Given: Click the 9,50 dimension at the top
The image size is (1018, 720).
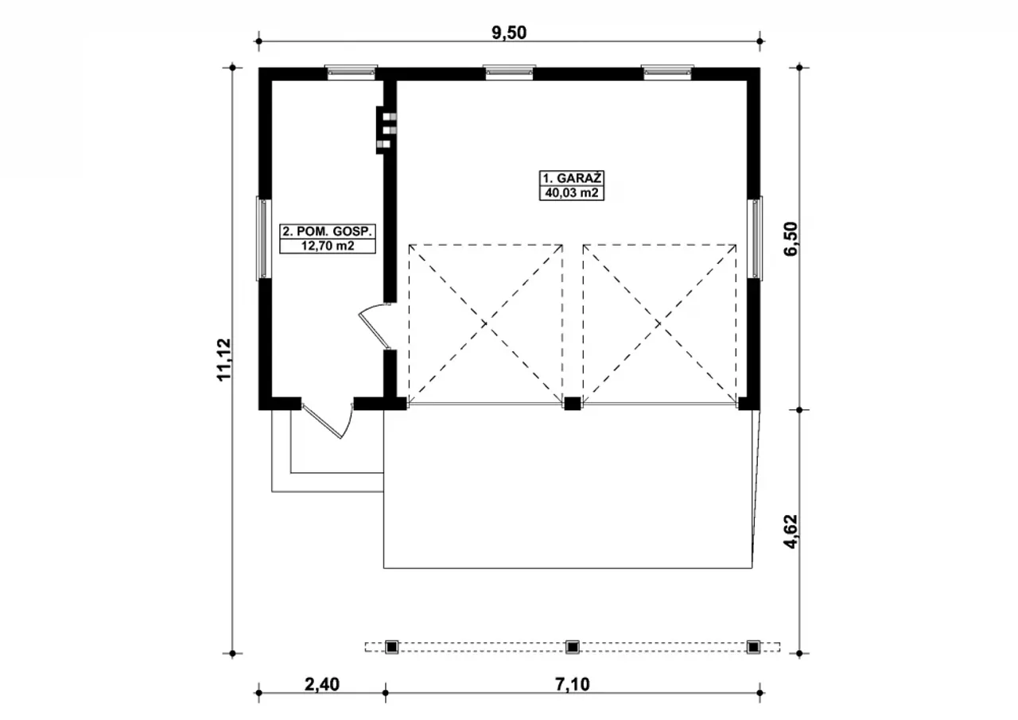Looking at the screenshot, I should point(510,32).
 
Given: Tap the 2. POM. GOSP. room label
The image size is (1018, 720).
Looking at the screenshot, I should point(327,231).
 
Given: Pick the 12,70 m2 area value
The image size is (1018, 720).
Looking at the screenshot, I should point(327,246).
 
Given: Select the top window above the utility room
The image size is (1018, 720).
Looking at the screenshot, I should point(351,72).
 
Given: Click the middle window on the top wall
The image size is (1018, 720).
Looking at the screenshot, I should point(509,72).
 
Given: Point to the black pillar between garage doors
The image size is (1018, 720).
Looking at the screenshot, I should point(572,404).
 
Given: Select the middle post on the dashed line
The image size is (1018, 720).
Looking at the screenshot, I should point(572,647).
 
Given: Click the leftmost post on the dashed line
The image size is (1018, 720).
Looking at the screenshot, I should point(391,647).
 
